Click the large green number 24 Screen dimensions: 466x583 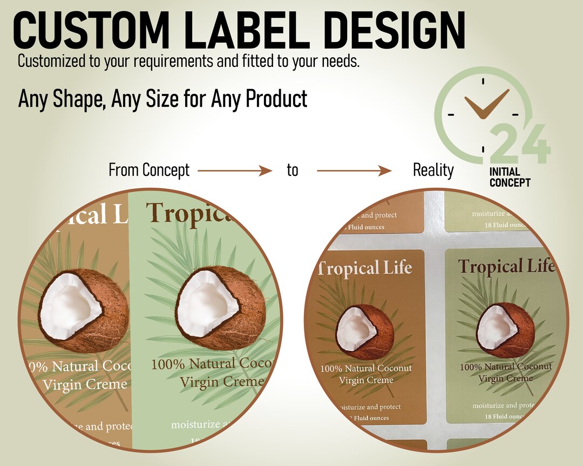click(520, 144)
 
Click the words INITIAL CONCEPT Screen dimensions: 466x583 click(510, 177)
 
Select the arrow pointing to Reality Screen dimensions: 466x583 click(354, 171)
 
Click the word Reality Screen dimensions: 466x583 click(433, 170)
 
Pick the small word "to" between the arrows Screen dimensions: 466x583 click(292, 171)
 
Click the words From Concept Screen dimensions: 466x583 click(149, 170)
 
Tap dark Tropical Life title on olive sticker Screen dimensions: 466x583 click(506, 266)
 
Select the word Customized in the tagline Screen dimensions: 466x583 click(52, 61)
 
